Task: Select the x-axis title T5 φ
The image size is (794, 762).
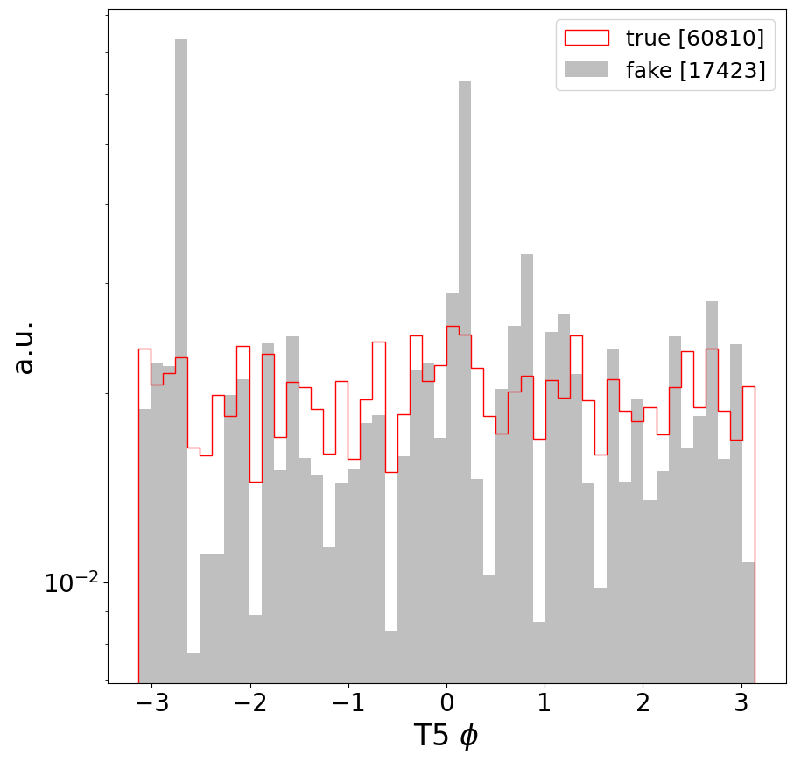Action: pos(446,737)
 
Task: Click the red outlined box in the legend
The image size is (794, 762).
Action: pos(586,38)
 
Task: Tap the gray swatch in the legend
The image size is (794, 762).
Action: pos(586,71)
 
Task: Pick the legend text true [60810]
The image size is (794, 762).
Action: pos(694,38)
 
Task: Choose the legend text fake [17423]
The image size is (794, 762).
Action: pos(695,71)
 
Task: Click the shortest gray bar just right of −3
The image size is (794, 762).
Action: pos(193,667)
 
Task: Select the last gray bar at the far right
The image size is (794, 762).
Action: pos(748,622)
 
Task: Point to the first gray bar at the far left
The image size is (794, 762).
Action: pos(144,543)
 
